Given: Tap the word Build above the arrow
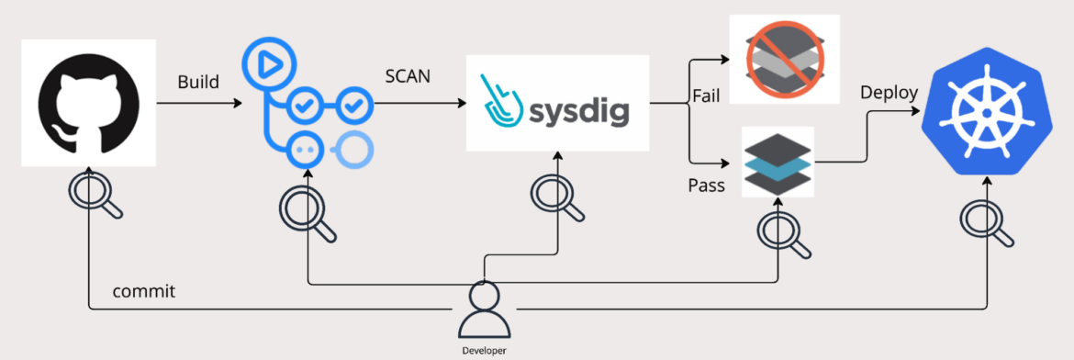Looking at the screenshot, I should click(x=198, y=83).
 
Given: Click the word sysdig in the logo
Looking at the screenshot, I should click(x=577, y=110).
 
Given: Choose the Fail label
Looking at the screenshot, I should click(x=706, y=95).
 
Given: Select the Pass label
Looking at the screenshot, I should click(x=707, y=186).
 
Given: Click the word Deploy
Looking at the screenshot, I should click(x=889, y=93).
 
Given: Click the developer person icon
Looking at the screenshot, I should click(x=483, y=310).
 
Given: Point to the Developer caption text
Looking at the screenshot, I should click(x=483, y=350).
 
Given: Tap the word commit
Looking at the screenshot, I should click(x=143, y=292).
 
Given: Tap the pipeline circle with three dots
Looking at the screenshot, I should click(x=304, y=149).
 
